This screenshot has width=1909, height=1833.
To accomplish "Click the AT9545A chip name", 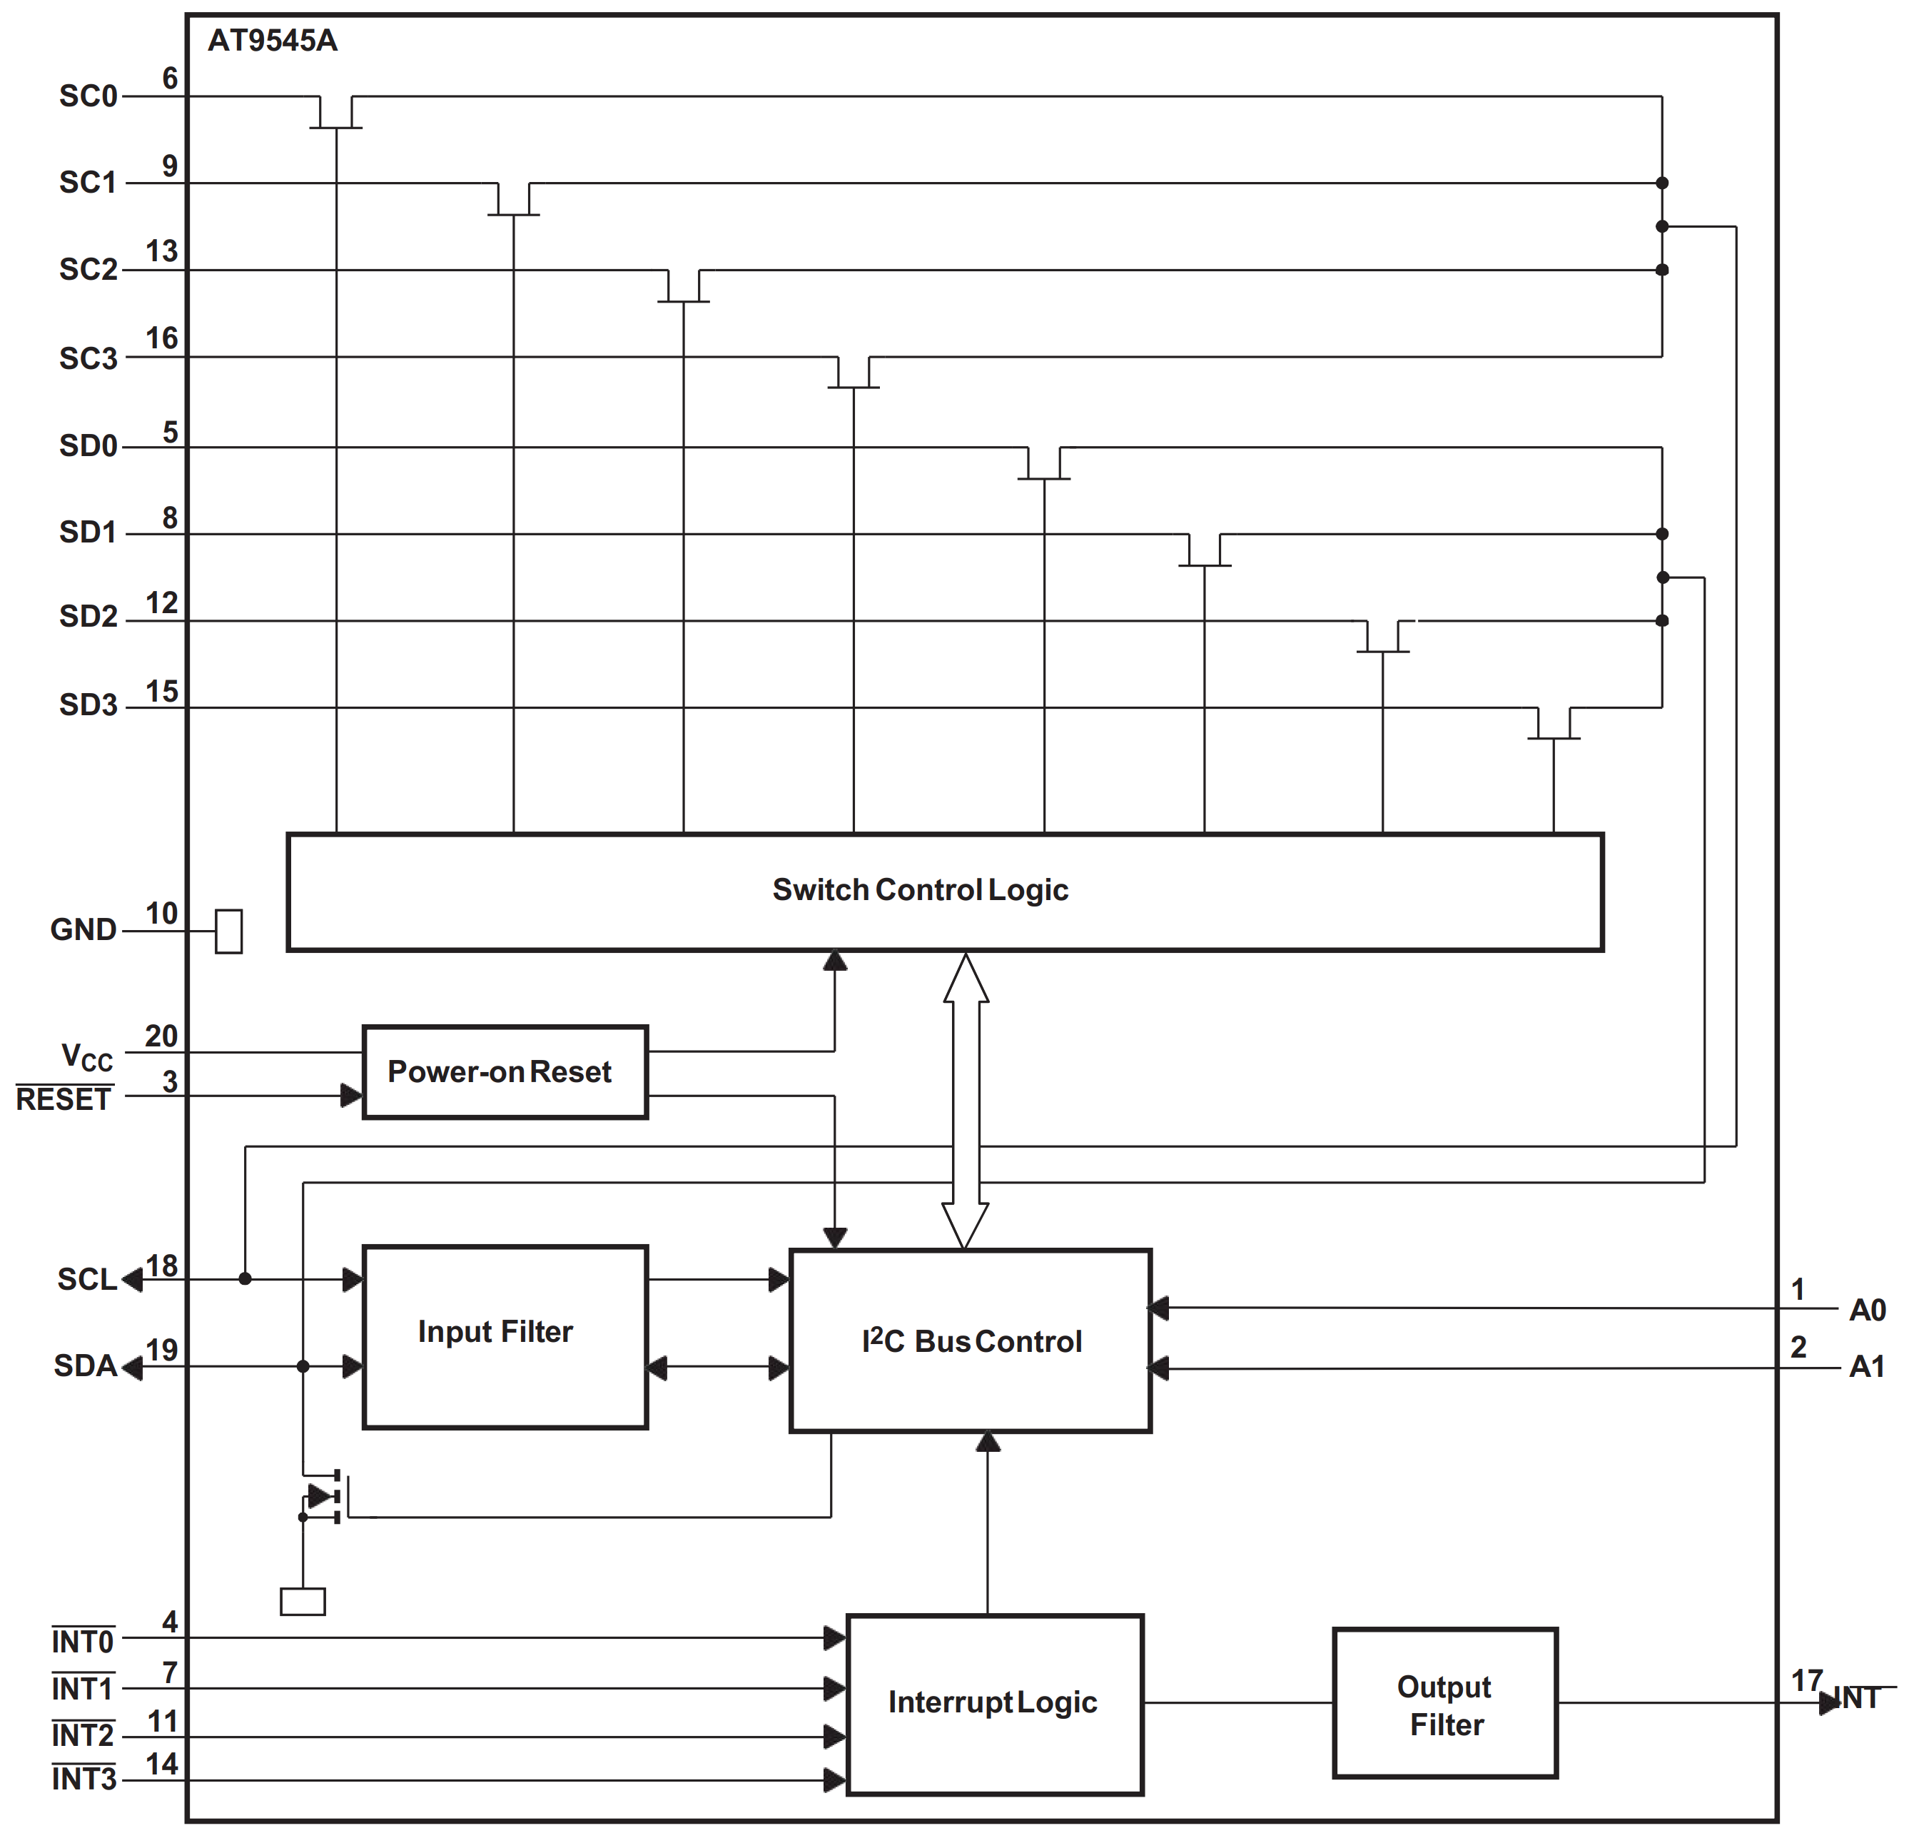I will click(x=273, y=41).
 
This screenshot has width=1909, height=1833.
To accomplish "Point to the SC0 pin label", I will click(x=88, y=96).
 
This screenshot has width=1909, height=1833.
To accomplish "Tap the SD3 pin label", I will click(x=88, y=705).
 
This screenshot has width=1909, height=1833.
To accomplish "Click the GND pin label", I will click(x=83, y=930).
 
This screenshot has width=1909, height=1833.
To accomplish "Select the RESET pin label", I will click(x=64, y=1100).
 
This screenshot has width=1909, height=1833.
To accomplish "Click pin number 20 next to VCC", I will click(x=162, y=1036).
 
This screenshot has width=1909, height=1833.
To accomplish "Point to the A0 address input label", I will click(x=1867, y=1310).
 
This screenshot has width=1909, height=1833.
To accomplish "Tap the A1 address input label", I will click(x=1867, y=1366).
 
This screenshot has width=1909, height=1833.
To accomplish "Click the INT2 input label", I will click(x=83, y=1734).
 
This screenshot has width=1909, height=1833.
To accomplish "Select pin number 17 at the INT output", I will click(x=1807, y=1680).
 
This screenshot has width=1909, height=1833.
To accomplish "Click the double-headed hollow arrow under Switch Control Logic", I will click(x=966, y=1101).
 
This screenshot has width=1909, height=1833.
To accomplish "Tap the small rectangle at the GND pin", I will click(x=229, y=931).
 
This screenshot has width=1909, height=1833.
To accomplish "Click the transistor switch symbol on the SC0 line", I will click(x=336, y=115).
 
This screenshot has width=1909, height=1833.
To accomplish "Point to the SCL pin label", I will click(x=86, y=1279).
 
